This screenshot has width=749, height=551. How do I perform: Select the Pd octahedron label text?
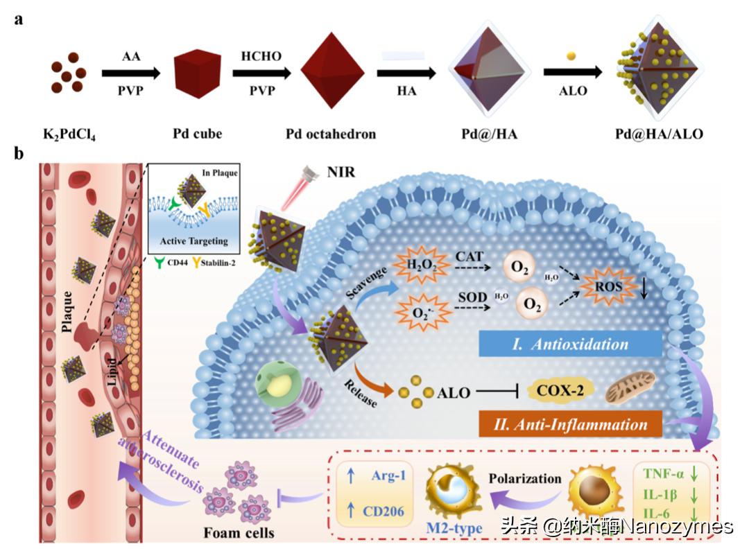[x=331, y=133]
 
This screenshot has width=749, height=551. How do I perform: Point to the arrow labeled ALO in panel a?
[x=573, y=73]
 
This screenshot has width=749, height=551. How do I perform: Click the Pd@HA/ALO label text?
[x=658, y=133]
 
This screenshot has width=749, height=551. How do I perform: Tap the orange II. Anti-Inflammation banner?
[x=568, y=423]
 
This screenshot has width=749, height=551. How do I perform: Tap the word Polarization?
[x=525, y=479]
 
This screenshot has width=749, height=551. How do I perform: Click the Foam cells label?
[x=239, y=532]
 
